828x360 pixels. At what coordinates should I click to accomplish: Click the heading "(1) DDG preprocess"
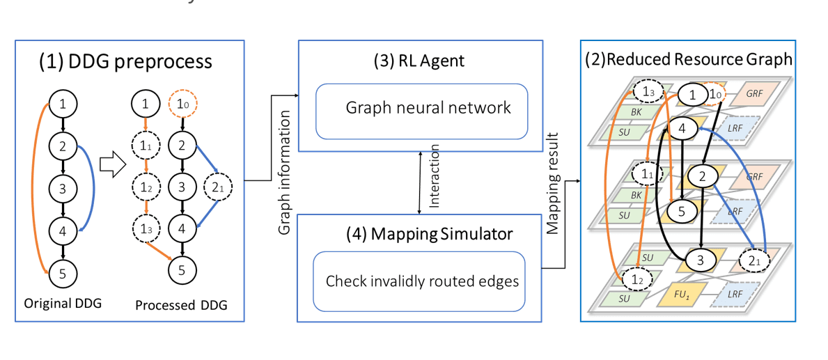tap(125, 61)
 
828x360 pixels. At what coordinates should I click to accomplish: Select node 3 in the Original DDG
tap(63, 187)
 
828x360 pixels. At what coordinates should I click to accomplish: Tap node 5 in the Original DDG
tap(63, 273)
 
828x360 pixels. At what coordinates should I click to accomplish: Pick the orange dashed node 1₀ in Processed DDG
tap(182, 105)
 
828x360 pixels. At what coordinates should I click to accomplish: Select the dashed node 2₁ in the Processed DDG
tap(218, 187)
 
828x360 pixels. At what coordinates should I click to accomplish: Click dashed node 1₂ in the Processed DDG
tap(146, 187)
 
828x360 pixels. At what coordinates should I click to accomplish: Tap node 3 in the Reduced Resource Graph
tap(701, 260)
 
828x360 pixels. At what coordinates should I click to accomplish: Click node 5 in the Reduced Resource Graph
tap(682, 209)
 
